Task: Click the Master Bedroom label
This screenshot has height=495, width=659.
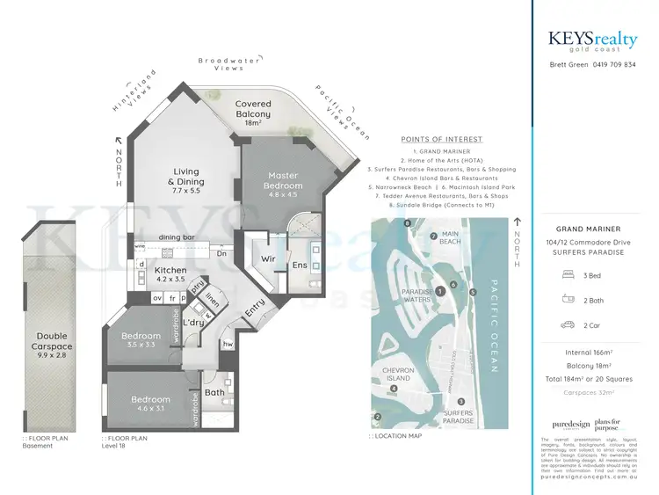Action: pyautogui.click(x=283, y=180)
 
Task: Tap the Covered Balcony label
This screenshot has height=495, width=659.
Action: pyautogui.click(x=253, y=109)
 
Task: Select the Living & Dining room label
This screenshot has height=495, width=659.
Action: pyautogui.click(x=186, y=177)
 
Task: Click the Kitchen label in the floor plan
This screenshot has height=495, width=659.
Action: pyautogui.click(x=170, y=274)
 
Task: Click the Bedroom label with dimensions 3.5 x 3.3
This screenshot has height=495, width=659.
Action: pyautogui.click(x=141, y=340)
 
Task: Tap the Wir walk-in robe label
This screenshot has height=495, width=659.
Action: pyautogui.click(x=268, y=260)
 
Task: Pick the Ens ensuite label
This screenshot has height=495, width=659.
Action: pyautogui.click(x=301, y=264)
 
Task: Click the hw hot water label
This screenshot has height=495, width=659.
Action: pyautogui.click(x=228, y=345)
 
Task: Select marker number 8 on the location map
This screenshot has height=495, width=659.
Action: pyautogui.click(x=408, y=224)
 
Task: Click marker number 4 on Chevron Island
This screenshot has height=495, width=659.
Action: pyautogui.click(x=395, y=388)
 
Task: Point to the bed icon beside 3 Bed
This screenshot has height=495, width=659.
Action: pyautogui.click(x=566, y=274)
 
